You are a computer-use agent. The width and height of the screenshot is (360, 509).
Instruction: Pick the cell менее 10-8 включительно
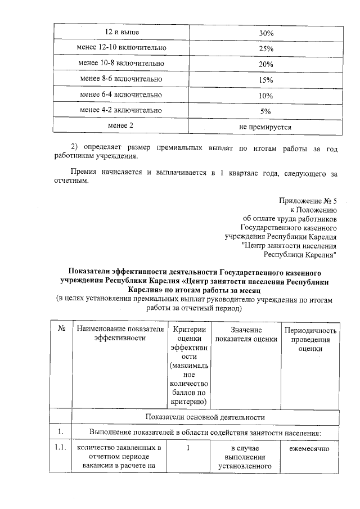tap(122, 65)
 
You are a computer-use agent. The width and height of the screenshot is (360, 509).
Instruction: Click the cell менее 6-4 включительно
tap(122, 95)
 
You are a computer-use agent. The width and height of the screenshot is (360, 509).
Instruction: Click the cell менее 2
tap(122, 127)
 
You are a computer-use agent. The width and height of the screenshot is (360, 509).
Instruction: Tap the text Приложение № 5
tap(308, 201)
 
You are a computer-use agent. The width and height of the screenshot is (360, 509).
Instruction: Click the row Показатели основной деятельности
tap(205, 417)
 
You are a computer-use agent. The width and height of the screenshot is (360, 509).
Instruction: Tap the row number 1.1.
tap(60, 448)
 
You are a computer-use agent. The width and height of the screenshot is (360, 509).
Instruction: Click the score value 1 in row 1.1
tap(188, 448)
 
